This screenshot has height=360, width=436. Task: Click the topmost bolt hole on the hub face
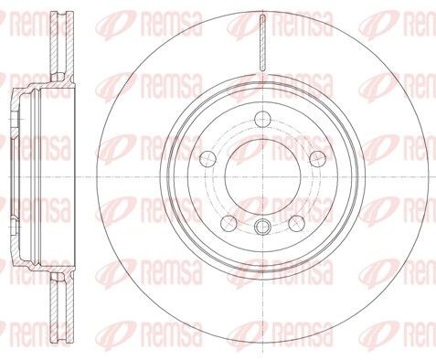(262, 119)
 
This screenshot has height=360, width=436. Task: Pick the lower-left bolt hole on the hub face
(229, 223)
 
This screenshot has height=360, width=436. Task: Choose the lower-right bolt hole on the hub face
(296, 223)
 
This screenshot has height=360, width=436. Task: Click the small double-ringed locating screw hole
(262, 227)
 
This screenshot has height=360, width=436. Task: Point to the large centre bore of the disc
(262, 177)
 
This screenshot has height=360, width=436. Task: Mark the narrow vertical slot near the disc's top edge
(262, 43)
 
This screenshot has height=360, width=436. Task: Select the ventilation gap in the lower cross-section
(62, 309)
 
